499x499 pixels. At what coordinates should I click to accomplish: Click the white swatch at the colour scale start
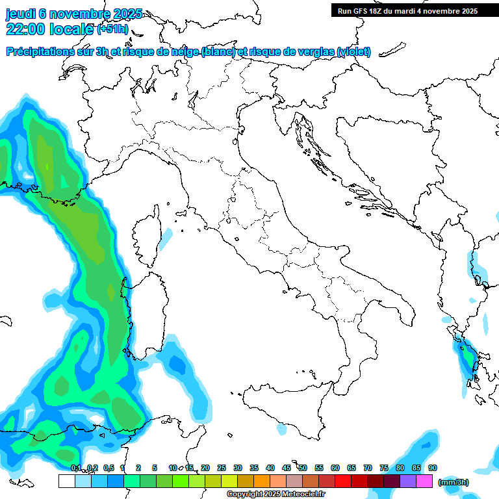click(x=66, y=481)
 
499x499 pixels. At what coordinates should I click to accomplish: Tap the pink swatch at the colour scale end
click(x=424, y=481)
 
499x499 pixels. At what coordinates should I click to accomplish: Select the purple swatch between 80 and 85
click(x=408, y=481)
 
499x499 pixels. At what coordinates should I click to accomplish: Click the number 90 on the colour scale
click(x=433, y=468)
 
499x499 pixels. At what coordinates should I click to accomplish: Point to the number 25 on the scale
click(x=222, y=468)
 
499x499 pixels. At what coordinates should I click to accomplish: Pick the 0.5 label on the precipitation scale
click(x=108, y=468)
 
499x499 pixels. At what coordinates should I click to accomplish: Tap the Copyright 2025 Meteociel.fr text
click(x=276, y=494)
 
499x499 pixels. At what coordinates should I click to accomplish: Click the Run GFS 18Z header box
click(x=407, y=10)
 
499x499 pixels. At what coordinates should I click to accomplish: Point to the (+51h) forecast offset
click(x=112, y=29)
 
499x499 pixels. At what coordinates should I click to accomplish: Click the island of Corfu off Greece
click(x=480, y=279)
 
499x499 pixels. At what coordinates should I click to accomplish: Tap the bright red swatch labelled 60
click(x=343, y=481)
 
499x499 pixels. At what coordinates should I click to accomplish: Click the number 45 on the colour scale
click(x=287, y=468)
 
